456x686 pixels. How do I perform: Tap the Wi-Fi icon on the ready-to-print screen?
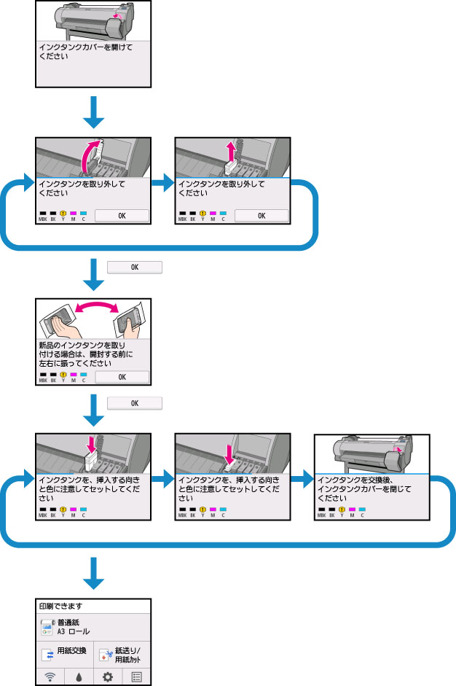point(50,676)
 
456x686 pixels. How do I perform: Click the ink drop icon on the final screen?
point(79,676)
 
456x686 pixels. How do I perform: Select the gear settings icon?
point(108,676)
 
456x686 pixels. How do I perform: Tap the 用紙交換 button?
point(65,652)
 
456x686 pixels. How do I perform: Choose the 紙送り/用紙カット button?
point(122,652)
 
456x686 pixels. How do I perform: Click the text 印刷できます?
point(58,606)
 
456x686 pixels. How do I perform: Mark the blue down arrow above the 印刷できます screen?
point(93,572)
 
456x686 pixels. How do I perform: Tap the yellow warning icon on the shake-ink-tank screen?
point(63,374)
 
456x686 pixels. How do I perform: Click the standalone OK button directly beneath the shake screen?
point(134,403)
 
